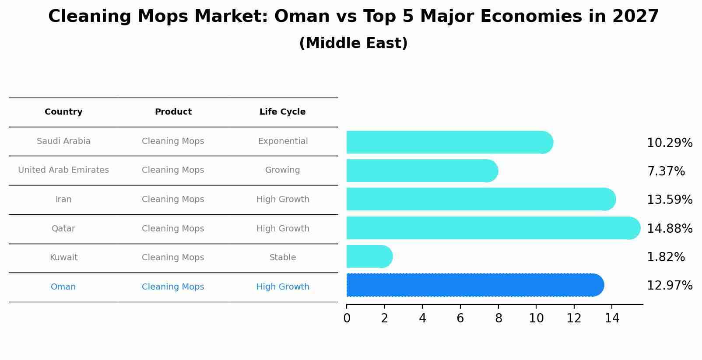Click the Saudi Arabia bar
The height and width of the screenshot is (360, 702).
point(450,142)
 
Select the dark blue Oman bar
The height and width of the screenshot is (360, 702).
point(475,285)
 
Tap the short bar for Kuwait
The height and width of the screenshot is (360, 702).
point(369,257)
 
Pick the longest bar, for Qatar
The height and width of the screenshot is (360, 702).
point(493,228)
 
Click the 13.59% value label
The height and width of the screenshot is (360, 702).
point(670,199)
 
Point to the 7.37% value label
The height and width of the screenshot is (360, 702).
point(666,171)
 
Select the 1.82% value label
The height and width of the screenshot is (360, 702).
point(666,257)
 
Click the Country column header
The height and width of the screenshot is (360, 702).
point(63,112)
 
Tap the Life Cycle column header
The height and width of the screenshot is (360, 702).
point(282,112)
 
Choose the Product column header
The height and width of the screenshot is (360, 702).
point(173,112)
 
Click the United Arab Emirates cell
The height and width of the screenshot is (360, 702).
point(63,170)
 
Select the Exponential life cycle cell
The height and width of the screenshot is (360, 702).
point(283,141)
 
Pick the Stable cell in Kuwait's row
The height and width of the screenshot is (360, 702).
point(283,257)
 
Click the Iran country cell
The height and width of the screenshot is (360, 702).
point(63,199)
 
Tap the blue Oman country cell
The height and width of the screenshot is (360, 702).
point(63,287)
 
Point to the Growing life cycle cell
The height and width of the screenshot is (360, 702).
point(282,170)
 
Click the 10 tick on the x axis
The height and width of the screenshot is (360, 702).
point(536,318)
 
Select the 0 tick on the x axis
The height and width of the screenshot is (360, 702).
point(347,318)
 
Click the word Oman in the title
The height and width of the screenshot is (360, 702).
point(302,16)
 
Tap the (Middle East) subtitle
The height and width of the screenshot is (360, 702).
point(354,43)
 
